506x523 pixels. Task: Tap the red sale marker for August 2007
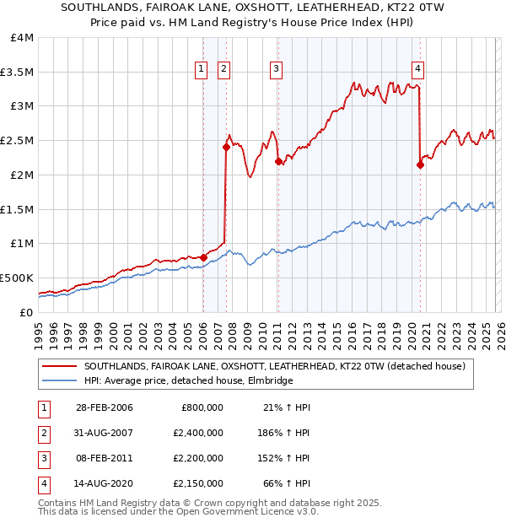226,147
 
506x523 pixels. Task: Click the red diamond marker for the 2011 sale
277,161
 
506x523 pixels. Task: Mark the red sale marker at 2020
420,164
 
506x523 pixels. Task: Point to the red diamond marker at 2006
203,256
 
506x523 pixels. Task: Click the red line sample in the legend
59,367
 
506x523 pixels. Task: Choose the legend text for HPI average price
187,381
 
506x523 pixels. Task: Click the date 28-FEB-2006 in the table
105,408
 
